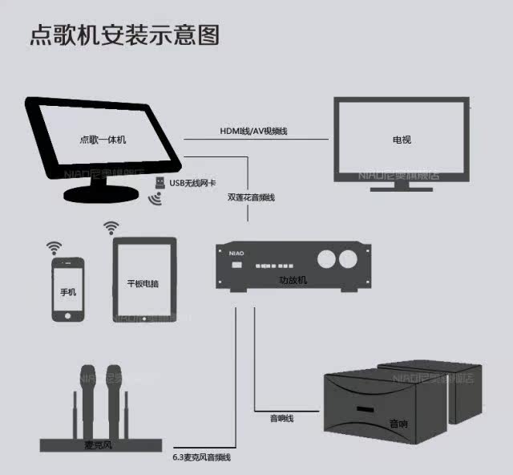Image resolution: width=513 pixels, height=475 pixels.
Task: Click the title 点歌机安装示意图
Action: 125,35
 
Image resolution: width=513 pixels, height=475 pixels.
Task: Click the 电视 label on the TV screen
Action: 402,140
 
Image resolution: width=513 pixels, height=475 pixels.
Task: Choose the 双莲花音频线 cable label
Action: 251,197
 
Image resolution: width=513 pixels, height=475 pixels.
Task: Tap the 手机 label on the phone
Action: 68,293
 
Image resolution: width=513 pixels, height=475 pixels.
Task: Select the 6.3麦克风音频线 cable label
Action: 201,457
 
